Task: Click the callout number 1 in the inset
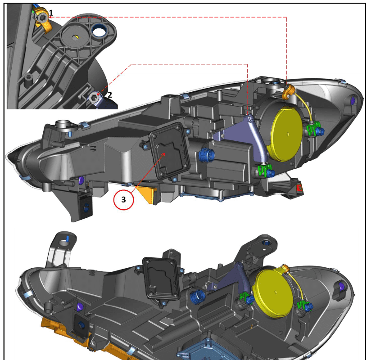tap(51, 13)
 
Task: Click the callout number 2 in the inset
tap(109, 95)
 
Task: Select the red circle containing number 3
tap(123, 199)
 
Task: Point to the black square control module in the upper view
tap(169, 151)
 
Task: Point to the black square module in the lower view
tap(162, 279)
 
